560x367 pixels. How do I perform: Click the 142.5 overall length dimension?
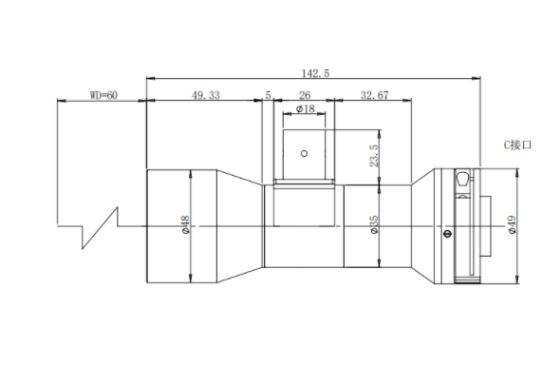pyautogui.click(x=316, y=73)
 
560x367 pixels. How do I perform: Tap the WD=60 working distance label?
pyautogui.click(x=103, y=95)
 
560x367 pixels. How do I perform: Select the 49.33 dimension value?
pyautogui.click(x=206, y=95)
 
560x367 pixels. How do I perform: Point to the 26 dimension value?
pyautogui.click(x=305, y=95)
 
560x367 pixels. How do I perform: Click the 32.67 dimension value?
pyautogui.click(x=375, y=95)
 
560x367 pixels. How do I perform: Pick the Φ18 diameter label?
pyautogui.click(x=306, y=108)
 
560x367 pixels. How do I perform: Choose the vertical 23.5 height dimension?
pyautogui.click(x=374, y=156)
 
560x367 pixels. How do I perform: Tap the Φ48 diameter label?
pyautogui.click(x=186, y=224)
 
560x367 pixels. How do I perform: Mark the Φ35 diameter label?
pyautogui.click(x=374, y=224)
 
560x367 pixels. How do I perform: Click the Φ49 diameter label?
pyautogui.click(x=513, y=224)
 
